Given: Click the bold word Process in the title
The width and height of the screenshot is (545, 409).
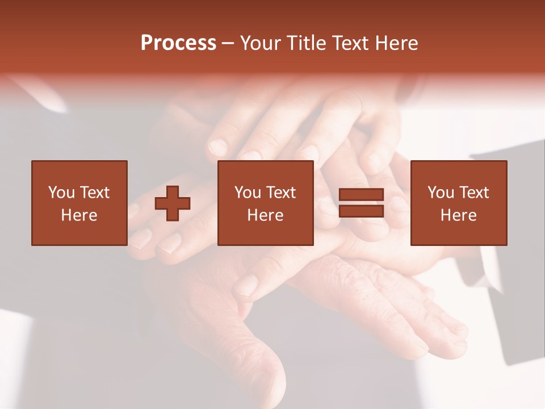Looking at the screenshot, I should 178,43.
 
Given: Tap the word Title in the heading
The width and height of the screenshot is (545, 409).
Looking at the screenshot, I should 306,43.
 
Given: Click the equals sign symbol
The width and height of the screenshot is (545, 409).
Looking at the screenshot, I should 361,203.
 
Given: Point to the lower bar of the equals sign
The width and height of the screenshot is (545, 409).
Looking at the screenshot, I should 361,211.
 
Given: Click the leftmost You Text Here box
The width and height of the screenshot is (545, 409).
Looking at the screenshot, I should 79,203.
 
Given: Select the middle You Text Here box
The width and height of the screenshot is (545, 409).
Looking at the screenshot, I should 265,203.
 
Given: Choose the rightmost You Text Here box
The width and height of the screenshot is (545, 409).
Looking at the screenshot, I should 458,203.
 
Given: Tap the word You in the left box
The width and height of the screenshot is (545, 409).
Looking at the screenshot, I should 61,193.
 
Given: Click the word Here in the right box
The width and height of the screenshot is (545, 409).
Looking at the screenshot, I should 458,215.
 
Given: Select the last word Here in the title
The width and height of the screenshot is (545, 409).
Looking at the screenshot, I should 397,43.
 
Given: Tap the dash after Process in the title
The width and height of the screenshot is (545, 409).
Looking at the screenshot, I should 228,43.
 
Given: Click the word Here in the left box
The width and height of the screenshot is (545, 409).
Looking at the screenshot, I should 79,215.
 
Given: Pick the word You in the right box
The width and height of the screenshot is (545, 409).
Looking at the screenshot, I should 441,193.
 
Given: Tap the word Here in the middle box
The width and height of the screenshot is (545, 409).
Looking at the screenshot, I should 265,215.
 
